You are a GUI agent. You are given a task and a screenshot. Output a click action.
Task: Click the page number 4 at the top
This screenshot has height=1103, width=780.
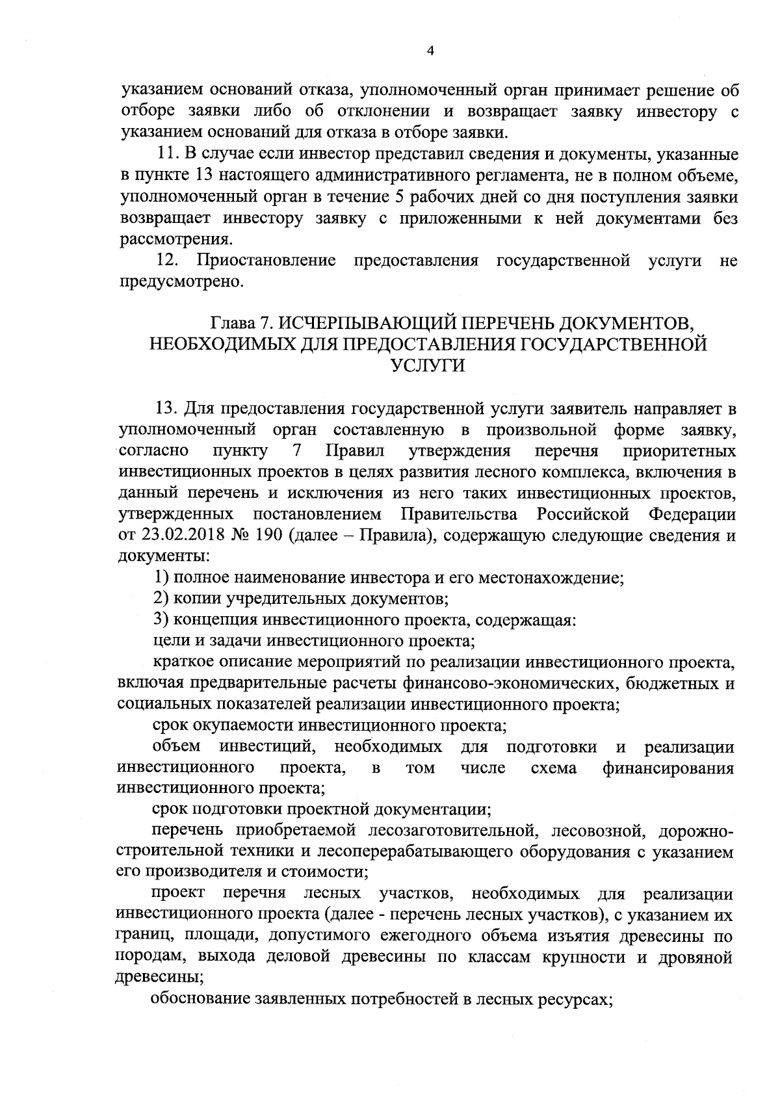click(x=429, y=51)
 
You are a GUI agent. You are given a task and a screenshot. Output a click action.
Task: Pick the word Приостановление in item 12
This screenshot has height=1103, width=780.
click(x=266, y=261)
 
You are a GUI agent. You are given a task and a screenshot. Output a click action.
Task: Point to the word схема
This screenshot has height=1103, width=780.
click(x=553, y=768)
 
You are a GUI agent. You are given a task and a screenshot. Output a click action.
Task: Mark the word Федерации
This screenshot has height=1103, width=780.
click(x=692, y=515)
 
